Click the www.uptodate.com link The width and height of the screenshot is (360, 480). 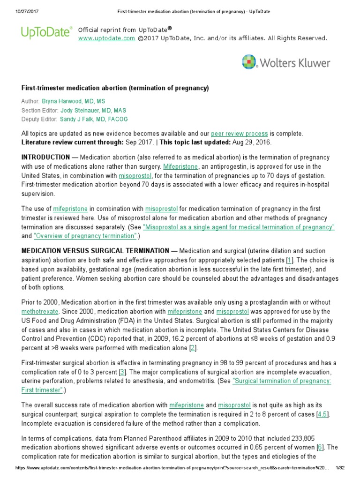point(106,38)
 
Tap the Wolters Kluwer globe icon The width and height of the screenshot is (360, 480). point(249,62)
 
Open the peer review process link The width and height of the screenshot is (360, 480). point(239,134)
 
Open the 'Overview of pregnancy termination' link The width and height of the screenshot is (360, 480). point(86,236)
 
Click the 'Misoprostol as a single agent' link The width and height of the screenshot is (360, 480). point(239,227)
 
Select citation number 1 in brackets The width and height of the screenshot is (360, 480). point(290,260)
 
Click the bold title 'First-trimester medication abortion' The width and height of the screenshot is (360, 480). point(115,88)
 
